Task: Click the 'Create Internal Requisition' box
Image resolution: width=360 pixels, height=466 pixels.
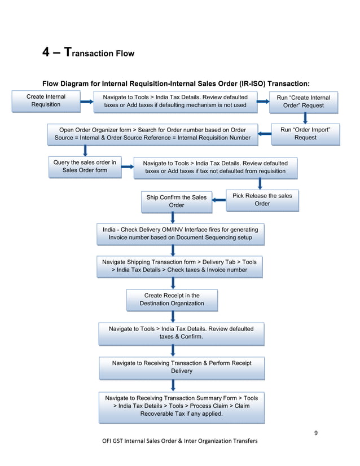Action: [46, 101]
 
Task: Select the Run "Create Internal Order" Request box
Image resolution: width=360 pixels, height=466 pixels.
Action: [304, 102]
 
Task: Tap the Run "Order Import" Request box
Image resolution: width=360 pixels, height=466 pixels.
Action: [305, 134]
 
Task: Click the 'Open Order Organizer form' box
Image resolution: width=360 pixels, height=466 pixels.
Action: [152, 134]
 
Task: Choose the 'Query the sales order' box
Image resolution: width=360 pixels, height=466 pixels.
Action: [85, 166]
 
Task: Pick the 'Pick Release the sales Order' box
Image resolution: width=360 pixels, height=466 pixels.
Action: [262, 200]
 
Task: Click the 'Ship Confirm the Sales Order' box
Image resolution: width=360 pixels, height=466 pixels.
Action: [176, 201]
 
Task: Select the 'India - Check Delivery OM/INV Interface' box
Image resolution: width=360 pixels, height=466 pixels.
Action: [180, 234]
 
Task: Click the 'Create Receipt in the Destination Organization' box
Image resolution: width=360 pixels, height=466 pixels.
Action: [172, 300]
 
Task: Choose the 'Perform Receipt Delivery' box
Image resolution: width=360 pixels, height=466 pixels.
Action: [181, 367]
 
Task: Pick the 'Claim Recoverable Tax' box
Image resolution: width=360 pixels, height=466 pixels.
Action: [181, 406]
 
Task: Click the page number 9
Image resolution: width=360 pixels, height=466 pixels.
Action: [316, 433]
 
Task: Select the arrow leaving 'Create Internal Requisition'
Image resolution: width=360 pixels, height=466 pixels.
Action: [87, 102]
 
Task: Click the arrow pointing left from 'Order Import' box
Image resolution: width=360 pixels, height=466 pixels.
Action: [264, 134]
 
